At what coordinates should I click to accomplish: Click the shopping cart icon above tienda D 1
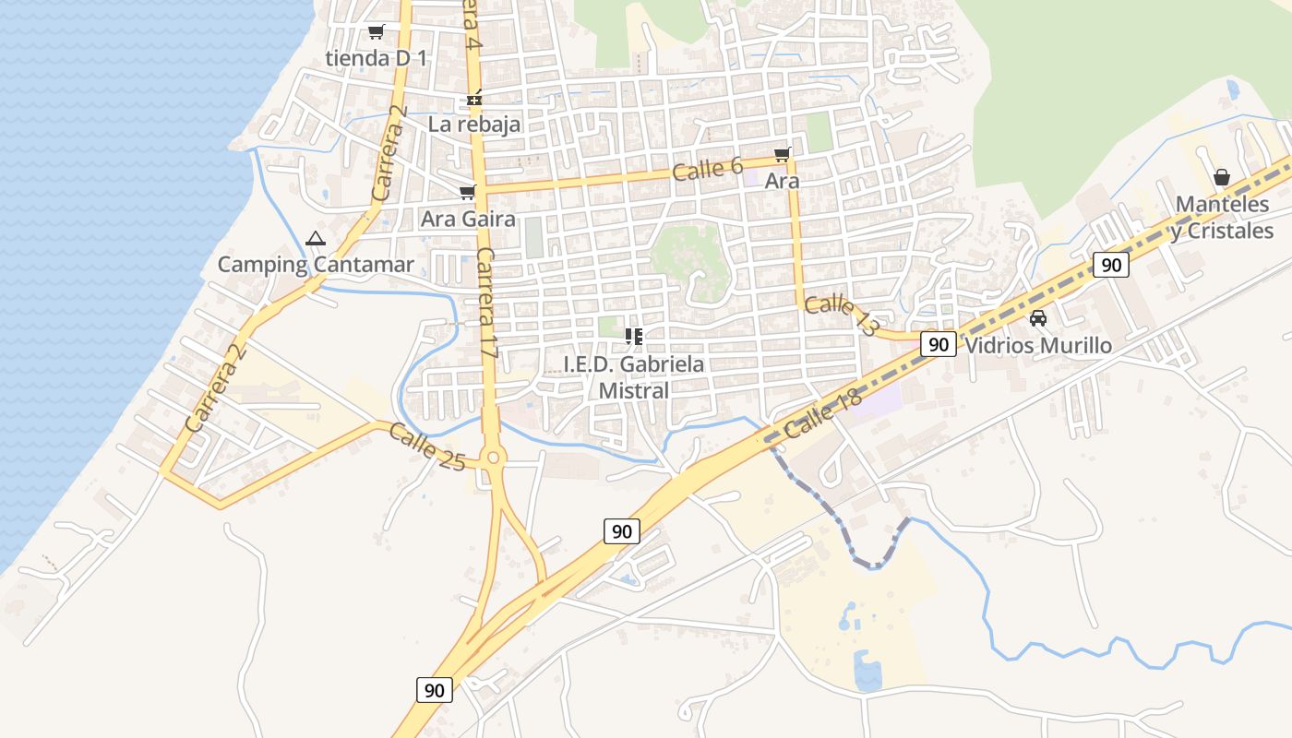click(376, 32)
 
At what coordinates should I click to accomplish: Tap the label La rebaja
click(474, 124)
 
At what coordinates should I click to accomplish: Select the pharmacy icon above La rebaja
click(474, 99)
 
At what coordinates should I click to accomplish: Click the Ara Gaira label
click(468, 220)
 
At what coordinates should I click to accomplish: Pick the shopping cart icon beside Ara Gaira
click(467, 192)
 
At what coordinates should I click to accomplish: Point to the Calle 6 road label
click(708, 169)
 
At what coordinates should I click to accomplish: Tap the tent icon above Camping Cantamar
click(316, 238)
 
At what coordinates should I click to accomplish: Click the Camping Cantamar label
click(316, 265)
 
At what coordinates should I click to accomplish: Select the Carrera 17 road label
click(487, 304)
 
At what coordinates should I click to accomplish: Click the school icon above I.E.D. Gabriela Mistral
click(634, 337)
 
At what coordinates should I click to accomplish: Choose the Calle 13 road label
click(839, 315)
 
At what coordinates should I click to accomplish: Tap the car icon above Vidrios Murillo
click(1038, 319)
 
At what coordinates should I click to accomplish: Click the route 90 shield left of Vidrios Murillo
click(939, 345)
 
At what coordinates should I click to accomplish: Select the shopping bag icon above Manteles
click(1222, 177)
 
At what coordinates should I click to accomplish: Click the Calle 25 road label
click(426, 446)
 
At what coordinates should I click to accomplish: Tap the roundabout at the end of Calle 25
click(494, 457)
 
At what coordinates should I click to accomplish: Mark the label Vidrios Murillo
click(1038, 346)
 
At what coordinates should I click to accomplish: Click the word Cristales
click(1229, 231)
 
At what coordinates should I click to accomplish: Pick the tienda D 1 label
click(377, 58)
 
